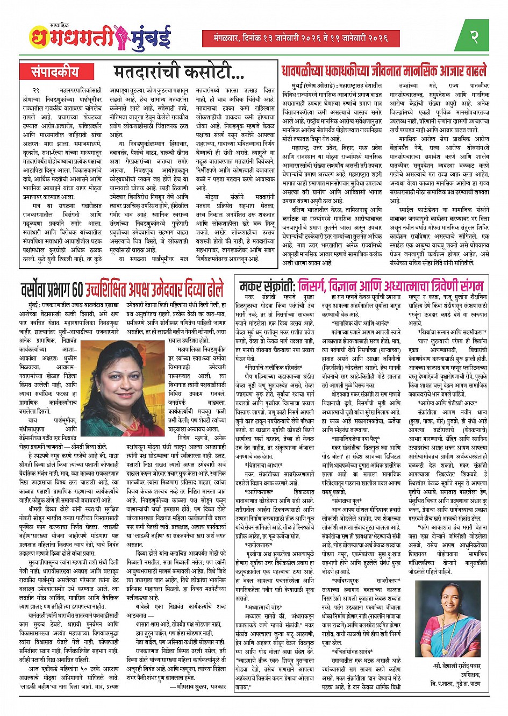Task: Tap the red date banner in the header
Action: (x=301, y=38)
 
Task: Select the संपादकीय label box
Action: (x=55, y=71)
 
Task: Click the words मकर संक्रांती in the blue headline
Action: (x=267, y=284)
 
